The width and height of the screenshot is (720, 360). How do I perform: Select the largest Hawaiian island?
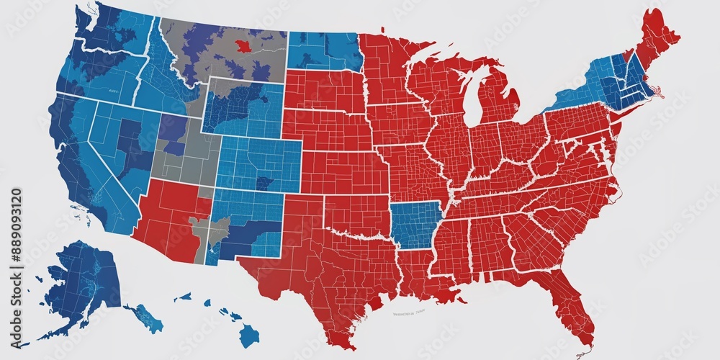coord(248,333)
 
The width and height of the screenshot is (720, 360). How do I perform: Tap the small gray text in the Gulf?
coord(408,313)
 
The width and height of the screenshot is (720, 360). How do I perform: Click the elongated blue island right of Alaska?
coord(144,317)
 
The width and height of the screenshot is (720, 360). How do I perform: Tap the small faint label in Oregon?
coord(112,92)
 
